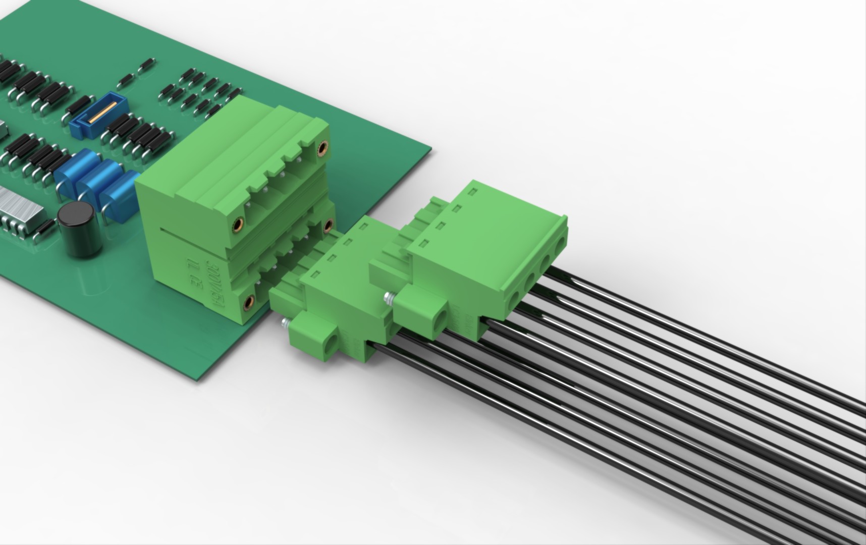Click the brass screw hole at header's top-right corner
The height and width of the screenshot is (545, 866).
(322, 147)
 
